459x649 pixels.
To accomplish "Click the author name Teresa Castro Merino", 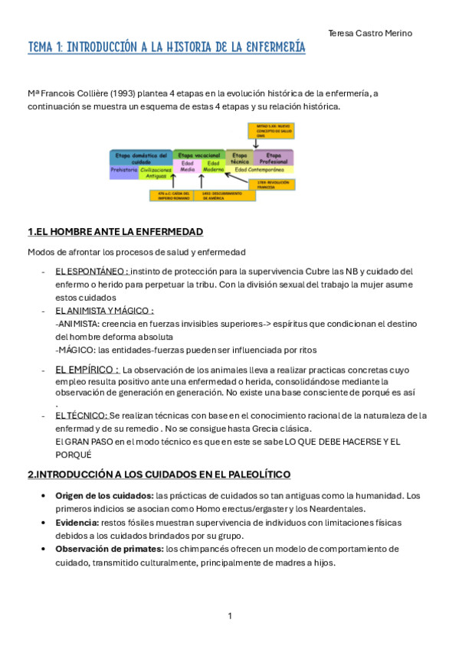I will [x=369, y=33].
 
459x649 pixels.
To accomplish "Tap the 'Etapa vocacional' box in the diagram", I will [x=198, y=155].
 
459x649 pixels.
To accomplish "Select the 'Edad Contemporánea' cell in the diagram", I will [x=261, y=170].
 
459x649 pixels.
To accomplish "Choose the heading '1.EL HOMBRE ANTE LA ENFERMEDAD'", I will [x=115, y=232].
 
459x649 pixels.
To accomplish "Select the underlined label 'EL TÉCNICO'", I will [x=80, y=416].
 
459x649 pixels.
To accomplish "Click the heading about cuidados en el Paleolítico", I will [x=159, y=475].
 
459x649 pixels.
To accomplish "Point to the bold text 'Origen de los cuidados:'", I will [x=103, y=496].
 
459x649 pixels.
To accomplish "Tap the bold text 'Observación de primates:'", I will [x=108, y=549].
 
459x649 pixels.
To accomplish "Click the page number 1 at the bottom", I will [x=230, y=616].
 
